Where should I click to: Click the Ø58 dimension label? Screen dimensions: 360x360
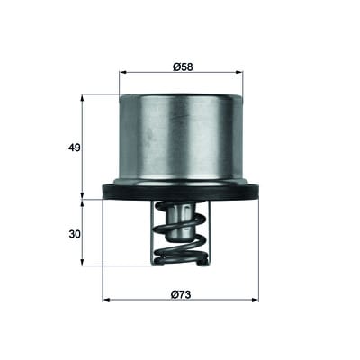pyautogui.click(x=183, y=67)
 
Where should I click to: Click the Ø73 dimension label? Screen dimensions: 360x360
pyautogui.click(x=181, y=295)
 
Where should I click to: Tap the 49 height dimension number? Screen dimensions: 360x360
pyautogui.click(x=75, y=148)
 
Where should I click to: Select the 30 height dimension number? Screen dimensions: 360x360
pyautogui.click(x=75, y=234)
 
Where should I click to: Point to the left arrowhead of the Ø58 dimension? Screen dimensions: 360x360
pyautogui.click(x=123, y=72)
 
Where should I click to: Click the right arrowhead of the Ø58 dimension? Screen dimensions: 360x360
pyautogui.click(x=239, y=72)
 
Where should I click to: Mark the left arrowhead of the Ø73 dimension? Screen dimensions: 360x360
pyautogui.click(x=106, y=300)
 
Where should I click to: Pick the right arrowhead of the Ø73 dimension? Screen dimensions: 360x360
pyautogui.click(x=255, y=300)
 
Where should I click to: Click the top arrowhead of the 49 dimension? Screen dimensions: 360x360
pyautogui.click(x=83, y=98)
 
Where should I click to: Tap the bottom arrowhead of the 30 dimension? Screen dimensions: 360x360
pyautogui.click(x=83, y=262)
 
